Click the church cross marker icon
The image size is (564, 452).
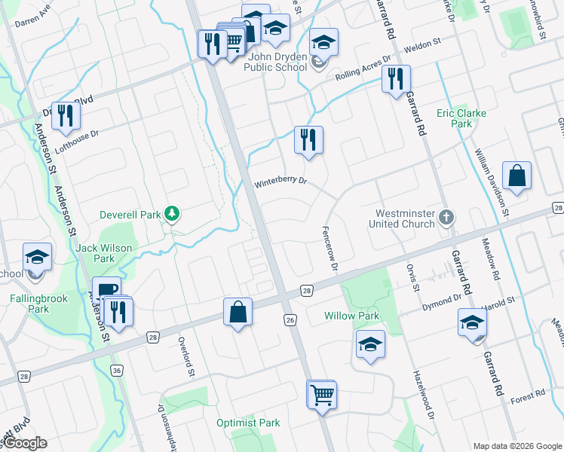coord(446,218)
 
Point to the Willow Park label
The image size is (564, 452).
coord(352,316)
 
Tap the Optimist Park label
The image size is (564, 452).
coord(248,423)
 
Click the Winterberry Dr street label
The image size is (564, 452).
coord(280,181)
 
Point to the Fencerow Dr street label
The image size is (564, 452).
coord(329,247)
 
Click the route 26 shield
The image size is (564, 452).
coord(290,320)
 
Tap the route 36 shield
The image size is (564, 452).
coord(116,370)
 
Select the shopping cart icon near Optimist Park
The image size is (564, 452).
coord(322,393)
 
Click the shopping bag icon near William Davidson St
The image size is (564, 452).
coord(516,176)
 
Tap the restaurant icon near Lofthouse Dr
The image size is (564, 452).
coord(66,116)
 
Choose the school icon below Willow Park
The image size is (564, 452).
coord(370,344)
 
